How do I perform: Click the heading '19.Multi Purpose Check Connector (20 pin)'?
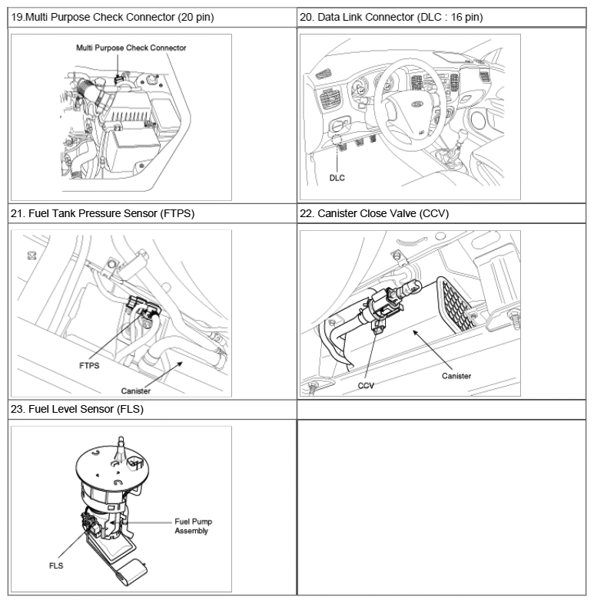112,18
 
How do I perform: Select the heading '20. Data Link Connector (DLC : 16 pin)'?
391,18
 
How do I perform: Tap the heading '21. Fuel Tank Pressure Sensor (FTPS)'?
102,213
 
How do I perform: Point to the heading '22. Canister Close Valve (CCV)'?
374,213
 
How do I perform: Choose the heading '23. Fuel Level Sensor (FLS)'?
77,409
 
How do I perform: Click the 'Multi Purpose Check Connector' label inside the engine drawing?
131,48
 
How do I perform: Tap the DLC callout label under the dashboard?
337,178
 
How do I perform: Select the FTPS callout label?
89,366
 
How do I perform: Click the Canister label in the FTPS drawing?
135,391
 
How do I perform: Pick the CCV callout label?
366,386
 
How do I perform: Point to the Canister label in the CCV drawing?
456,376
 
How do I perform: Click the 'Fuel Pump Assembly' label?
194,526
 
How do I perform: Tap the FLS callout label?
56,565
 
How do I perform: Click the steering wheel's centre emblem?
416,104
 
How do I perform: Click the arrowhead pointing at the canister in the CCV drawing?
415,332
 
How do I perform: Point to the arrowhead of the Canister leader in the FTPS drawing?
180,364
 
